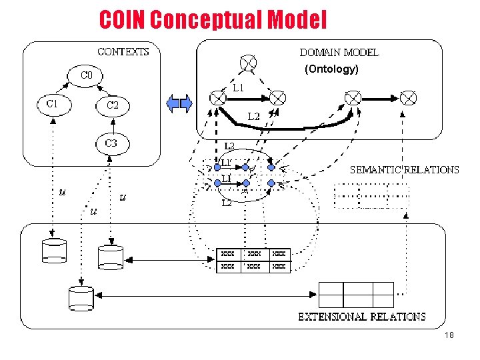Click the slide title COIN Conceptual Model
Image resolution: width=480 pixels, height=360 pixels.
tap(213, 20)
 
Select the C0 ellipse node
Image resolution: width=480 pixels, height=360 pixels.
tap(86, 75)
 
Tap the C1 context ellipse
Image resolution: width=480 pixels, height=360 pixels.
tap(52, 104)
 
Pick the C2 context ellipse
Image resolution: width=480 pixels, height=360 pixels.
tap(112, 105)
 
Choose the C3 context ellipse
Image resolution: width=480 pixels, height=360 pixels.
tap(111, 143)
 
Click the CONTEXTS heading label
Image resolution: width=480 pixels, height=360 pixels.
tap(123, 51)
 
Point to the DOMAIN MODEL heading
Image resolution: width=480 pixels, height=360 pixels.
tap(339, 52)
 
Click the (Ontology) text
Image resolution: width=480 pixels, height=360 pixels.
tap(331, 69)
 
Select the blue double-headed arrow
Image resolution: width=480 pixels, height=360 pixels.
tap(179, 103)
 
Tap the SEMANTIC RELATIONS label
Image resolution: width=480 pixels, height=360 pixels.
tap(405, 169)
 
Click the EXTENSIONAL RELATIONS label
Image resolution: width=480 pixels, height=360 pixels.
tap(361, 316)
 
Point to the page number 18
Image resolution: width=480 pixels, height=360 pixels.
tap(449, 335)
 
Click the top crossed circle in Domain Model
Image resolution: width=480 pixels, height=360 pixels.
tap(248, 64)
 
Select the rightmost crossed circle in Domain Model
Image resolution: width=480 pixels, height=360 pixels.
tap(409, 98)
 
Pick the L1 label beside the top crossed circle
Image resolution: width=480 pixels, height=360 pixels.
tap(238, 87)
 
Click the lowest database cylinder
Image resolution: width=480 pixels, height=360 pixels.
tap(81, 297)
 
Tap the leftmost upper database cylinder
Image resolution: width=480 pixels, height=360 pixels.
tap(53, 250)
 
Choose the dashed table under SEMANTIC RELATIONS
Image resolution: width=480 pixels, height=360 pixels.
tap(371, 195)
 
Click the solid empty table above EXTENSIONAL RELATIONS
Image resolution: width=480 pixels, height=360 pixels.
tap(356, 295)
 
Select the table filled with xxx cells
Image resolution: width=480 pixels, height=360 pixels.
tap(253, 260)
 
